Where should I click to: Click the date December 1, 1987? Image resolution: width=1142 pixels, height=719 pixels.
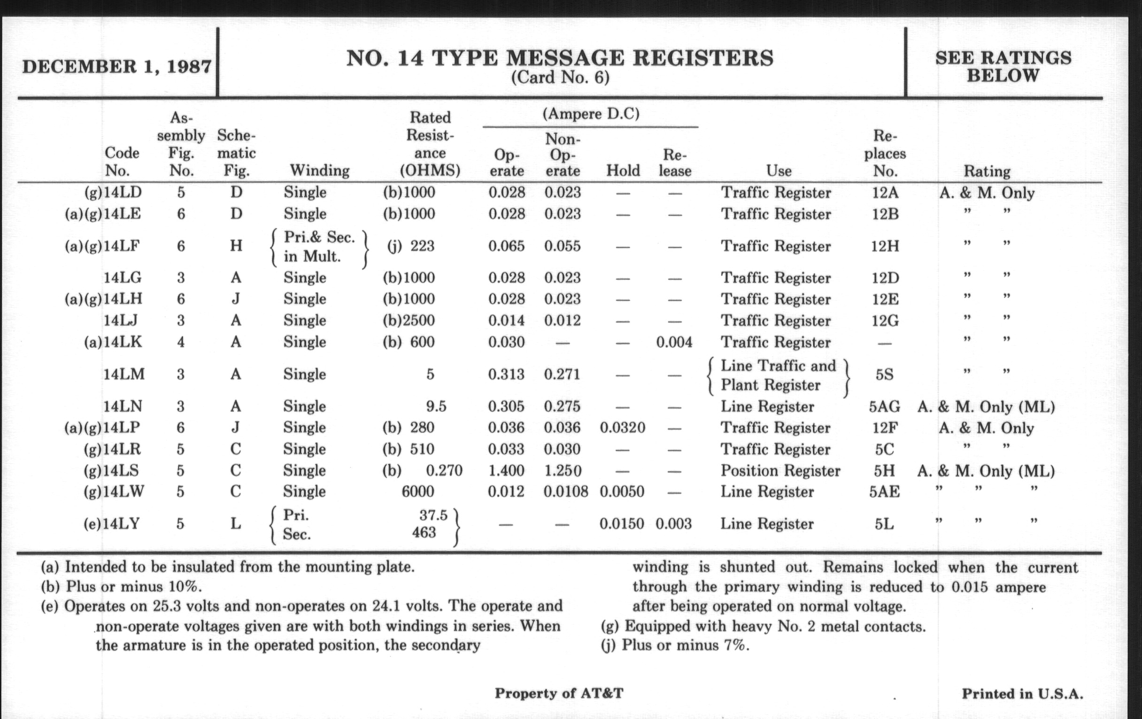[x=116, y=66]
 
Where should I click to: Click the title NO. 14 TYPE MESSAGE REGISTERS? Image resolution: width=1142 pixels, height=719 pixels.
[x=560, y=58]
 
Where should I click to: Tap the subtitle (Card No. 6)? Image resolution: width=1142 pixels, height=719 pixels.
[x=560, y=77]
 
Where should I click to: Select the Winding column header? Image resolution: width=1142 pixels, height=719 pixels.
[x=319, y=170]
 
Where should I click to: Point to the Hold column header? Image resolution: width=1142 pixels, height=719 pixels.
[x=623, y=170]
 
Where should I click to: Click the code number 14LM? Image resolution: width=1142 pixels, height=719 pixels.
[x=124, y=375]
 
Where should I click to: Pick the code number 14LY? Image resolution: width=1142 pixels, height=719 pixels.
[x=121, y=524]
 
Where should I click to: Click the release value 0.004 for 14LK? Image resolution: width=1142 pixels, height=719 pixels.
[x=674, y=342]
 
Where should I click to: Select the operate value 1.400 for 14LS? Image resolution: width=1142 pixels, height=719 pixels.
[x=507, y=470]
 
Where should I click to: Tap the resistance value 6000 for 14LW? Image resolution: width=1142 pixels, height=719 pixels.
[x=417, y=491]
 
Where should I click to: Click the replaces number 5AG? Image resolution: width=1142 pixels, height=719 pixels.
[x=884, y=406]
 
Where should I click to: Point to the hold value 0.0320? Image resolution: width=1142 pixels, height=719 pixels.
[x=622, y=428]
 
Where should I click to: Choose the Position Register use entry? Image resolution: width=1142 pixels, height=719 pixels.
[x=780, y=470]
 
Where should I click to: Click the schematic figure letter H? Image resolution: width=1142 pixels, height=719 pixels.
[x=236, y=246]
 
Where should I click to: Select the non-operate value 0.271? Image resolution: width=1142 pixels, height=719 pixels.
[x=562, y=375]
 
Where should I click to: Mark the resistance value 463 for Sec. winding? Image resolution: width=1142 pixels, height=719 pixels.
[x=424, y=532]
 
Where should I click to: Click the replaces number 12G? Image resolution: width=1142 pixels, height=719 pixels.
[x=885, y=320]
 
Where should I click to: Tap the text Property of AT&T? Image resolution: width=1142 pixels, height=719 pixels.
[x=559, y=693]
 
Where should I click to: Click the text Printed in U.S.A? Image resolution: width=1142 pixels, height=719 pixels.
[x=1022, y=694]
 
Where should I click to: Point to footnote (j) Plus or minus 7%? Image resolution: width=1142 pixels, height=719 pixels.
[x=675, y=645]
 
